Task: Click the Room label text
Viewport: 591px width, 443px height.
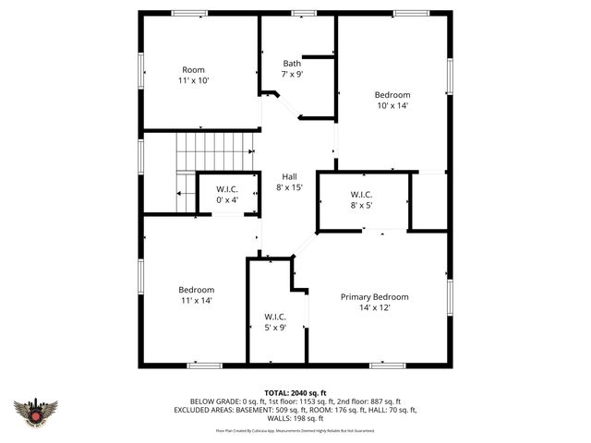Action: pyautogui.click(x=194, y=70)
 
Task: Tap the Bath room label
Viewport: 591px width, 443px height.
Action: pyautogui.click(x=292, y=64)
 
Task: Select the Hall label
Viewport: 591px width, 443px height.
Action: pyautogui.click(x=289, y=176)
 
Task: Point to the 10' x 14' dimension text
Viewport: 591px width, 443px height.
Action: pyautogui.click(x=392, y=106)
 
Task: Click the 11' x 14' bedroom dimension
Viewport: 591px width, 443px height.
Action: pyautogui.click(x=196, y=301)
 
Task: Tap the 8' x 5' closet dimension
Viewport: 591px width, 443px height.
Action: pyautogui.click(x=361, y=206)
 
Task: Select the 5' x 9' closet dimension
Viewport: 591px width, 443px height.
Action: pyautogui.click(x=275, y=327)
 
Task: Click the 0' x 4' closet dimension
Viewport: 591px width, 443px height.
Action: pyautogui.click(x=227, y=200)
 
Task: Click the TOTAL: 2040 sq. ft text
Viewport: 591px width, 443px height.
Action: pyautogui.click(x=295, y=393)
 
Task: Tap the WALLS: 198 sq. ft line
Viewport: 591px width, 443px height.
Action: pyautogui.click(x=295, y=418)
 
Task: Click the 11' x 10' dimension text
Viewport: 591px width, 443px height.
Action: pyautogui.click(x=194, y=81)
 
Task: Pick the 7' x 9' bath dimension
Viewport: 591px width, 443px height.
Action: pyautogui.click(x=292, y=75)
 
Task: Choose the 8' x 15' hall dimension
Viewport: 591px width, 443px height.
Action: pyautogui.click(x=289, y=187)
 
